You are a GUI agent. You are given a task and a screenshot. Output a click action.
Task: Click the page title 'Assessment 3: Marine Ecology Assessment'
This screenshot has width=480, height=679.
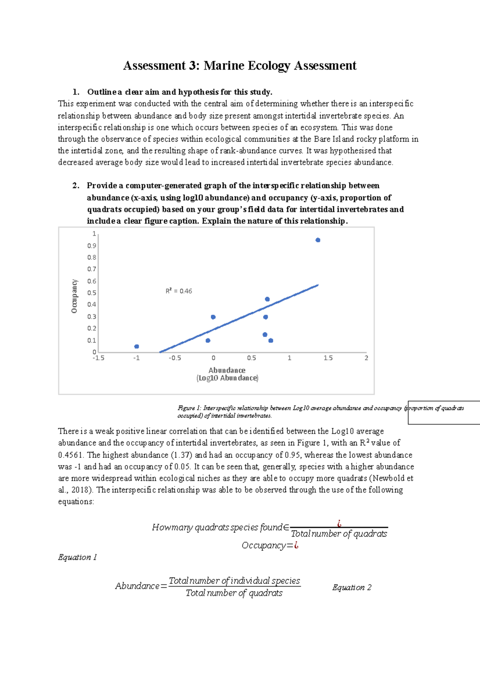240,66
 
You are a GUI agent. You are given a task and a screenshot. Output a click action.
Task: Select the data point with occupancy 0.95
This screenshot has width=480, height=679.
318,240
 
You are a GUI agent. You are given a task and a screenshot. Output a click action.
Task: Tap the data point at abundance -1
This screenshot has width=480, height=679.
137,346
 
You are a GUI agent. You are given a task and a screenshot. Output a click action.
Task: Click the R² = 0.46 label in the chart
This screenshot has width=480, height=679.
179,291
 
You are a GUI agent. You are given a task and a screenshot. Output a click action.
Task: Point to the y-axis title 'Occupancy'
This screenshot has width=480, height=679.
74,296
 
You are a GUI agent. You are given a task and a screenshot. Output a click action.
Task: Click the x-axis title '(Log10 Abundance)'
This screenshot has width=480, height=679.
227,378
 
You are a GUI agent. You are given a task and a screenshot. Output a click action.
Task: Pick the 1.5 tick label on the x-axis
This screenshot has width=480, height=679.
328,358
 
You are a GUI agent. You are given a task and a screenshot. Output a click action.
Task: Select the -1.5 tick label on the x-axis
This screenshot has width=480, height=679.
98,358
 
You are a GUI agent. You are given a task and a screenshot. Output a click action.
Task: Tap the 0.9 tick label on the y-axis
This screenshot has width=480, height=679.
92,246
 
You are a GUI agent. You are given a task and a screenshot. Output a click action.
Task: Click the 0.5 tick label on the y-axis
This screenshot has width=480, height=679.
92,293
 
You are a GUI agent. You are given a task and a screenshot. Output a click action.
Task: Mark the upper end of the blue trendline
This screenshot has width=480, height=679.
318,285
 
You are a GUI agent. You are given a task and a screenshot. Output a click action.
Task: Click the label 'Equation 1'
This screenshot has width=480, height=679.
78,557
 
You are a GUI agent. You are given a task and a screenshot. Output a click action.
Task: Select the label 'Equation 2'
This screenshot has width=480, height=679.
352,587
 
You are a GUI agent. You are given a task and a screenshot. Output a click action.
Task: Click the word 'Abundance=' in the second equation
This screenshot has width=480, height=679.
141,586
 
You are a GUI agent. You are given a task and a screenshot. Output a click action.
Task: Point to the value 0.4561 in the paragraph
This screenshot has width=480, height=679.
70,455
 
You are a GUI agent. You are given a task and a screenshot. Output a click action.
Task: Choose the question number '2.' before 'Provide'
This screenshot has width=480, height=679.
76,186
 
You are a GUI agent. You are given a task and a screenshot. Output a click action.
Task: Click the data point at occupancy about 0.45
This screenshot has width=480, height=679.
267,299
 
